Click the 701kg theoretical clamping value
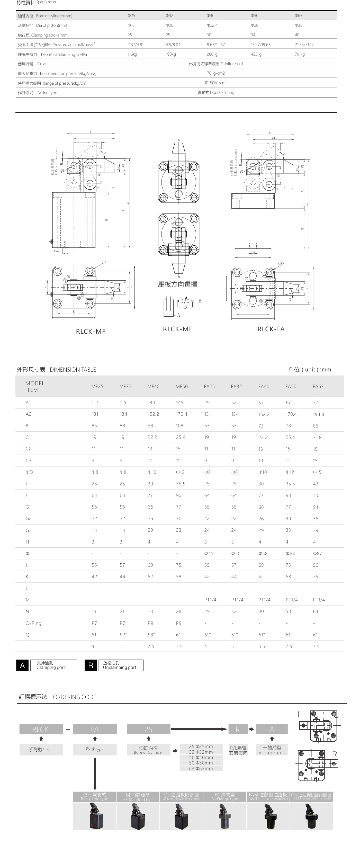[x=299, y=54]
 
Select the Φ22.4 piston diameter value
[x=212, y=25]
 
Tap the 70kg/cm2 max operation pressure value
[x=216, y=73]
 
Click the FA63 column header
[x=318, y=386]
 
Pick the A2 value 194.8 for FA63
[x=318, y=414]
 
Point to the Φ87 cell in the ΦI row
[x=317, y=553]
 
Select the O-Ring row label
[x=33, y=623]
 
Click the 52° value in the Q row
[x=123, y=635]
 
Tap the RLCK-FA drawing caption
[x=271, y=329]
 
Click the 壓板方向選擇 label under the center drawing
[x=177, y=284]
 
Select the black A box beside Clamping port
[x=22, y=665]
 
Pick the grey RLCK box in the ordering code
[x=41, y=729]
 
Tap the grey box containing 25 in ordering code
[x=148, y=729]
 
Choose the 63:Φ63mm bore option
[x=201, y=769]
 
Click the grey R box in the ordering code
[x=237, y=729]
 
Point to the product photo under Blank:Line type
[x=94, y=816]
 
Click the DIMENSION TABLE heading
[x=73, y=370]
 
